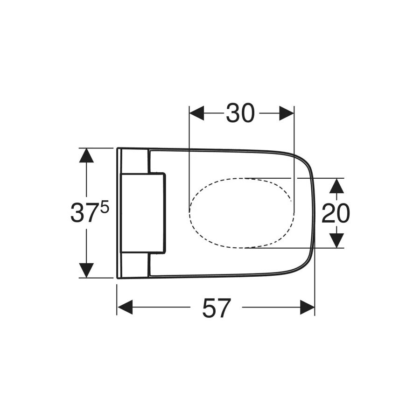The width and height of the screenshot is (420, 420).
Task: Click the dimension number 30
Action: pos(241,113)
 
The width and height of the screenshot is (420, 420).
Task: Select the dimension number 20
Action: pos(336,213)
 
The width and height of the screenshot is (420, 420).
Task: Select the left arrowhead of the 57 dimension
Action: pos(125,307)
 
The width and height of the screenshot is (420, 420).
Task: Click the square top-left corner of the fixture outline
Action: pos(117,148)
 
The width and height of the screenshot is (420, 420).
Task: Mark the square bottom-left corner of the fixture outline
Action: pos(117,278)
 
